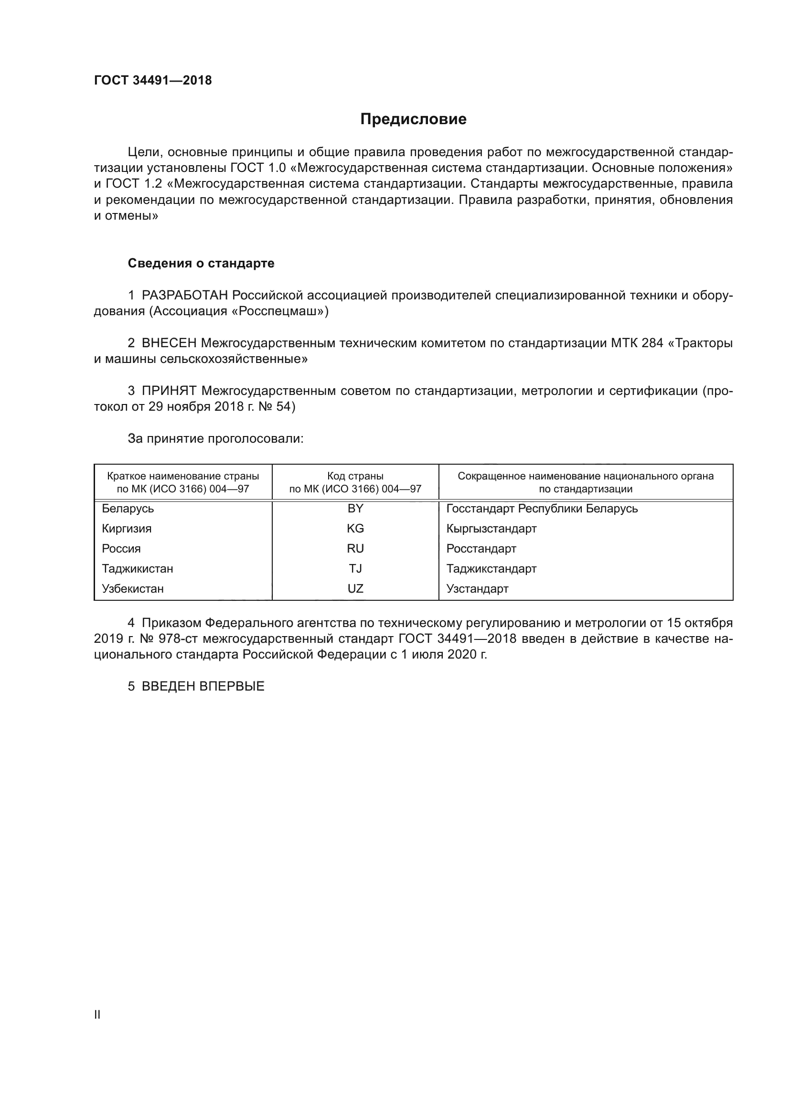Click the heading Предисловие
[413, 119]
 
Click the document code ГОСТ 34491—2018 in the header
[153, 81]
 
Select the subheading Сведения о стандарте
[201, 263]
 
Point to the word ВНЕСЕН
[169, 343]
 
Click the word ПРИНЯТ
[169, 391]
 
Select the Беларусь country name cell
[128, 509]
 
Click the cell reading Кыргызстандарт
[491, 528]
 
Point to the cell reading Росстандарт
[481, 549]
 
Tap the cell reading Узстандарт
[477, 589]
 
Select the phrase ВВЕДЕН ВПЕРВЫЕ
[203, 686]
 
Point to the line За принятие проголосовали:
[215, 439]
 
